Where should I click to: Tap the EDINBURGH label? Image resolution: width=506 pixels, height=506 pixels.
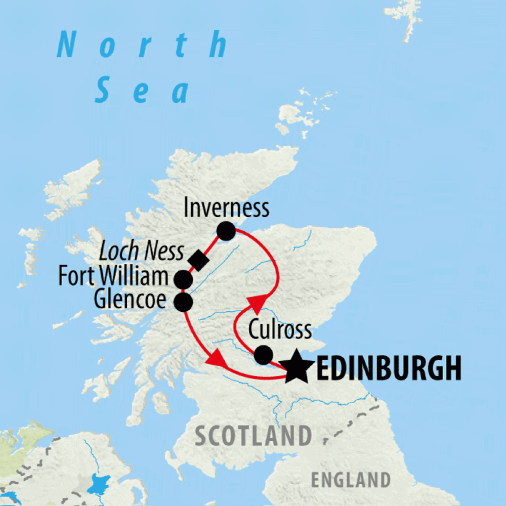point(388,369)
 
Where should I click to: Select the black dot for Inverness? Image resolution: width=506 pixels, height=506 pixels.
point(226,231)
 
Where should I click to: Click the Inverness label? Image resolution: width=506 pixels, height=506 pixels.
point(226,208)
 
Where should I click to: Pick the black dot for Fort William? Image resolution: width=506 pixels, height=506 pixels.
point(183,279)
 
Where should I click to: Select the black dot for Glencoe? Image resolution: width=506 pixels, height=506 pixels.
point(183,302)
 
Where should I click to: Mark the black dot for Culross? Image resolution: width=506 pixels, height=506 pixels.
point(263,354)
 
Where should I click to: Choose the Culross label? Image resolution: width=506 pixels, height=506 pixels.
point(280,330)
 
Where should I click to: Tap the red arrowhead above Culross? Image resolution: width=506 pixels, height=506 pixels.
point(257,302)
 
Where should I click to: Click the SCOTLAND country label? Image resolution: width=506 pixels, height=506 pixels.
point(253,436)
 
